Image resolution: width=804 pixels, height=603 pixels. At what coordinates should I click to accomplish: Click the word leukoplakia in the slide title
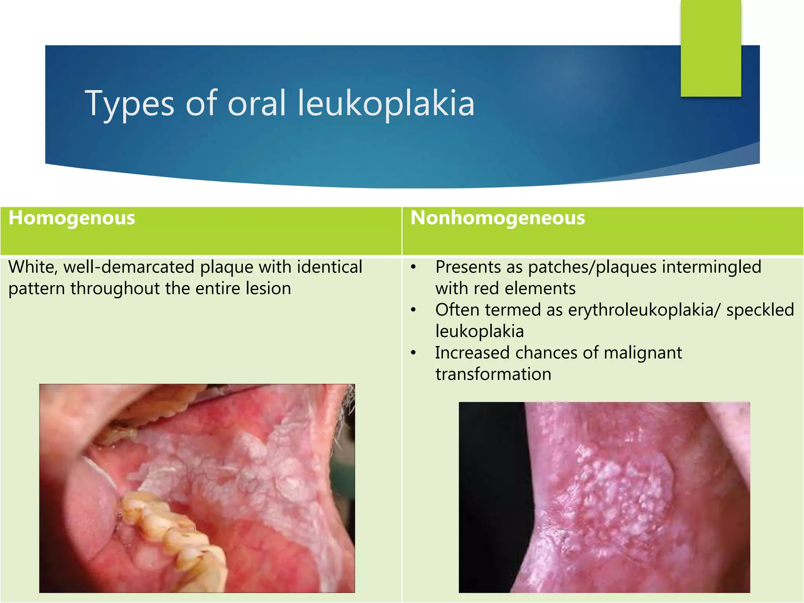pos(386,103)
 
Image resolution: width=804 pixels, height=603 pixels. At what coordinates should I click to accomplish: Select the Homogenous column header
pos(72,218)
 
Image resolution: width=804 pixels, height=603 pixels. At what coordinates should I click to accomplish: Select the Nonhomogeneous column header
pos(497,218)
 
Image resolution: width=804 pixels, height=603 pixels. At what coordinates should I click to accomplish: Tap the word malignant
pos(643,353)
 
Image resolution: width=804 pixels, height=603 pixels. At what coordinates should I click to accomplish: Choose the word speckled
pos(760,310)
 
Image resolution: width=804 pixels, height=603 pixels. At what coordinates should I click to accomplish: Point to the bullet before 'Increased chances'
pos(413,353)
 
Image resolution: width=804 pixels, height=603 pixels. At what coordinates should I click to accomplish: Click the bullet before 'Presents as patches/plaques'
pos(413,267)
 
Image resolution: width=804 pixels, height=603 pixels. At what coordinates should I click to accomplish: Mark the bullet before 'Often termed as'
pos(413,310)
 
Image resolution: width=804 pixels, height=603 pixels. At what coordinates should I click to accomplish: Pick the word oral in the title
pos(257,103)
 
